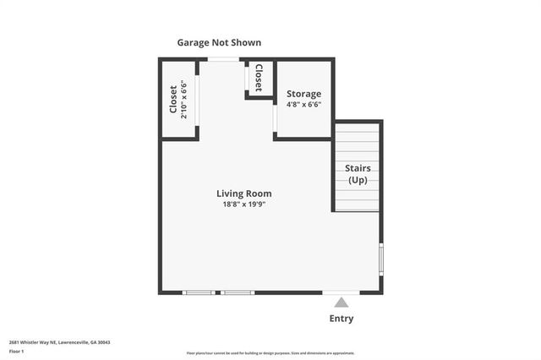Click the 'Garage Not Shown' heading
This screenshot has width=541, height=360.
[x=219, y=42]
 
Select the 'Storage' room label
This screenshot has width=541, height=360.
[x=303, y=94]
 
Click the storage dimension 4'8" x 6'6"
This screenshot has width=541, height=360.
[x=303, y=105]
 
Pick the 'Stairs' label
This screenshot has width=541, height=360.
[x=358, y=168]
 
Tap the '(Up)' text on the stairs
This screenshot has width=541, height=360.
[x=358, y=180]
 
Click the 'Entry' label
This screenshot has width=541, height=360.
[x=341, y=319]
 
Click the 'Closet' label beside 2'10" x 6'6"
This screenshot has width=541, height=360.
[x=173, y=100]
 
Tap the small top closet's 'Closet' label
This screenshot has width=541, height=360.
[x=259, y=78]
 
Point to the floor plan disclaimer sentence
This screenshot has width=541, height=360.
[x=270, y=352]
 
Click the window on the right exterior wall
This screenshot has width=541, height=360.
[x=381, y=258]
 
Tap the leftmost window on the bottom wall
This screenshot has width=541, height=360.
[x=199, y=292]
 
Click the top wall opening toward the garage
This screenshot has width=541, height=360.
[x=224, y=58]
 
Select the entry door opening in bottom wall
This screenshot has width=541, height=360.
[x=341, y=292]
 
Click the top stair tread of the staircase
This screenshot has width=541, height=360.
[x=356, y=126]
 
